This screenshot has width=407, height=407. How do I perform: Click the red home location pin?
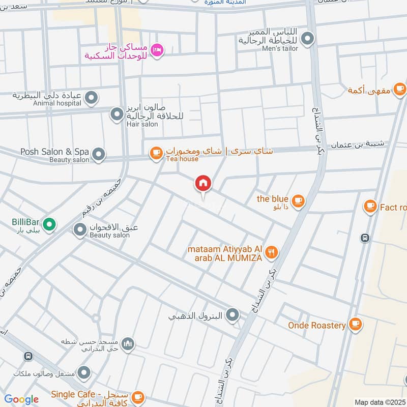point(203,184)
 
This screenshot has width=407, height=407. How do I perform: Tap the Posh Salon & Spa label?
point(54,152)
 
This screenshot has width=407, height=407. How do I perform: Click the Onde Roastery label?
point(316,325)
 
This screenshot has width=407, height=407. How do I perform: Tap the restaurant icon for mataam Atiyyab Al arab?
point(272,251)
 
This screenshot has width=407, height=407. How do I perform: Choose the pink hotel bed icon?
point(158,49)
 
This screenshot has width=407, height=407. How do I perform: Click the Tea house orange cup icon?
point(156,152)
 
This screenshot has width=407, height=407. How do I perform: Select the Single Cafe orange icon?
point(138,397)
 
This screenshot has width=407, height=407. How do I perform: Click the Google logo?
point(21,399)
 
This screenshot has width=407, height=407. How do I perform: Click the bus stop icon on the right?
point(364,238)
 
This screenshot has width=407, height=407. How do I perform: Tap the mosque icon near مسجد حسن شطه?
point(128,344)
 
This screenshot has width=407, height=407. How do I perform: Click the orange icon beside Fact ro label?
point(370,207)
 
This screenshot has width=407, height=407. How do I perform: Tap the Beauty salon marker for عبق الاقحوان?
point(80,231)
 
